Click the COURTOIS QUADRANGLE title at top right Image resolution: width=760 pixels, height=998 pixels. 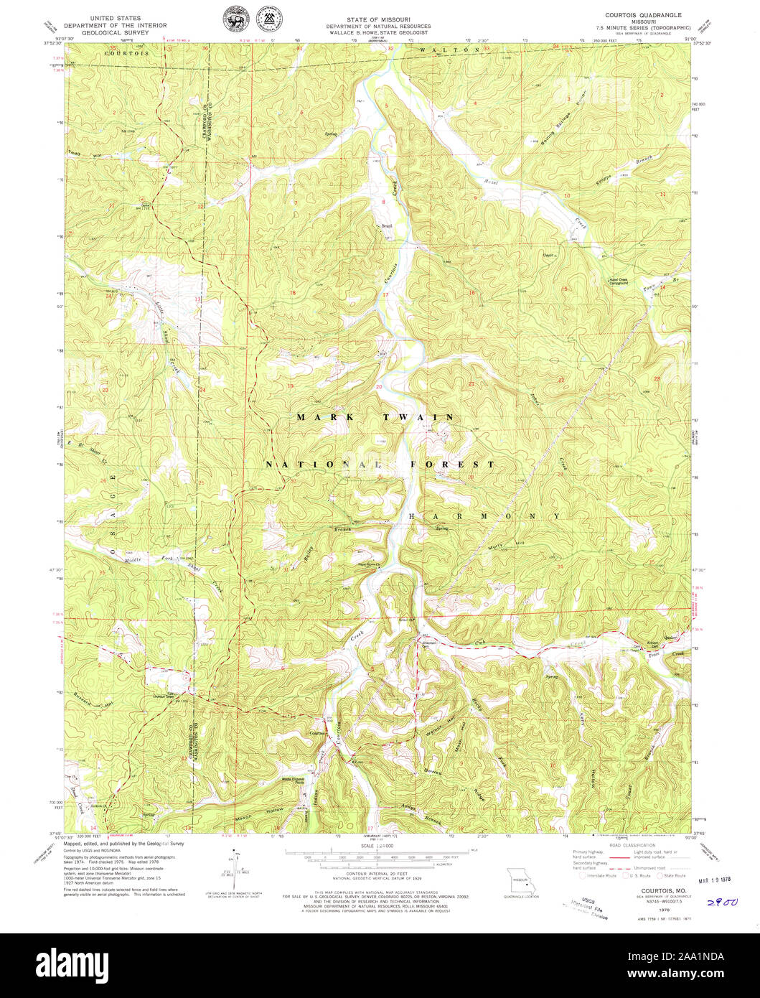pos(643,15)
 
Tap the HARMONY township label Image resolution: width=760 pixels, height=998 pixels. pos(484,516)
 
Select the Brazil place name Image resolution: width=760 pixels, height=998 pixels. pos(387,226)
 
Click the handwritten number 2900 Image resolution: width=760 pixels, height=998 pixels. pos(722,903)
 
